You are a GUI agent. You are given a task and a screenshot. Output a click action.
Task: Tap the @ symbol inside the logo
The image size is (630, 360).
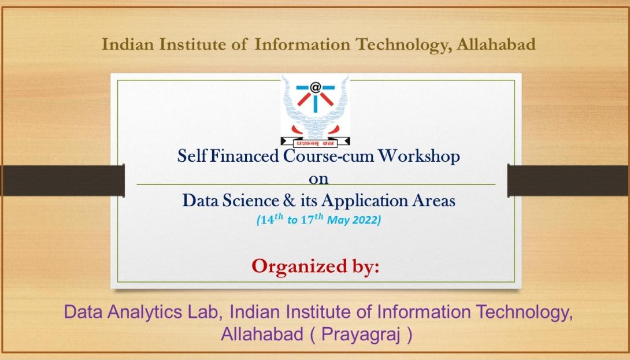pyautogui.click(x=315, y=88)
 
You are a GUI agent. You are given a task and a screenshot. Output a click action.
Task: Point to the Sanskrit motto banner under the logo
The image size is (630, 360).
pyautogui.click(x=316, y=140)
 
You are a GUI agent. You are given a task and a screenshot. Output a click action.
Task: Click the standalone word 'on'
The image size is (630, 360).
pyautogui.click(x=315, y=178)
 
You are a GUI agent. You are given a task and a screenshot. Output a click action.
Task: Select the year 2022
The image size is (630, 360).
pyautogui.click(x=366, y=221)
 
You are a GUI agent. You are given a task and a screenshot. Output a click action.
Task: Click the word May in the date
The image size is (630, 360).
pyautogui.click(x=340, y=221)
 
